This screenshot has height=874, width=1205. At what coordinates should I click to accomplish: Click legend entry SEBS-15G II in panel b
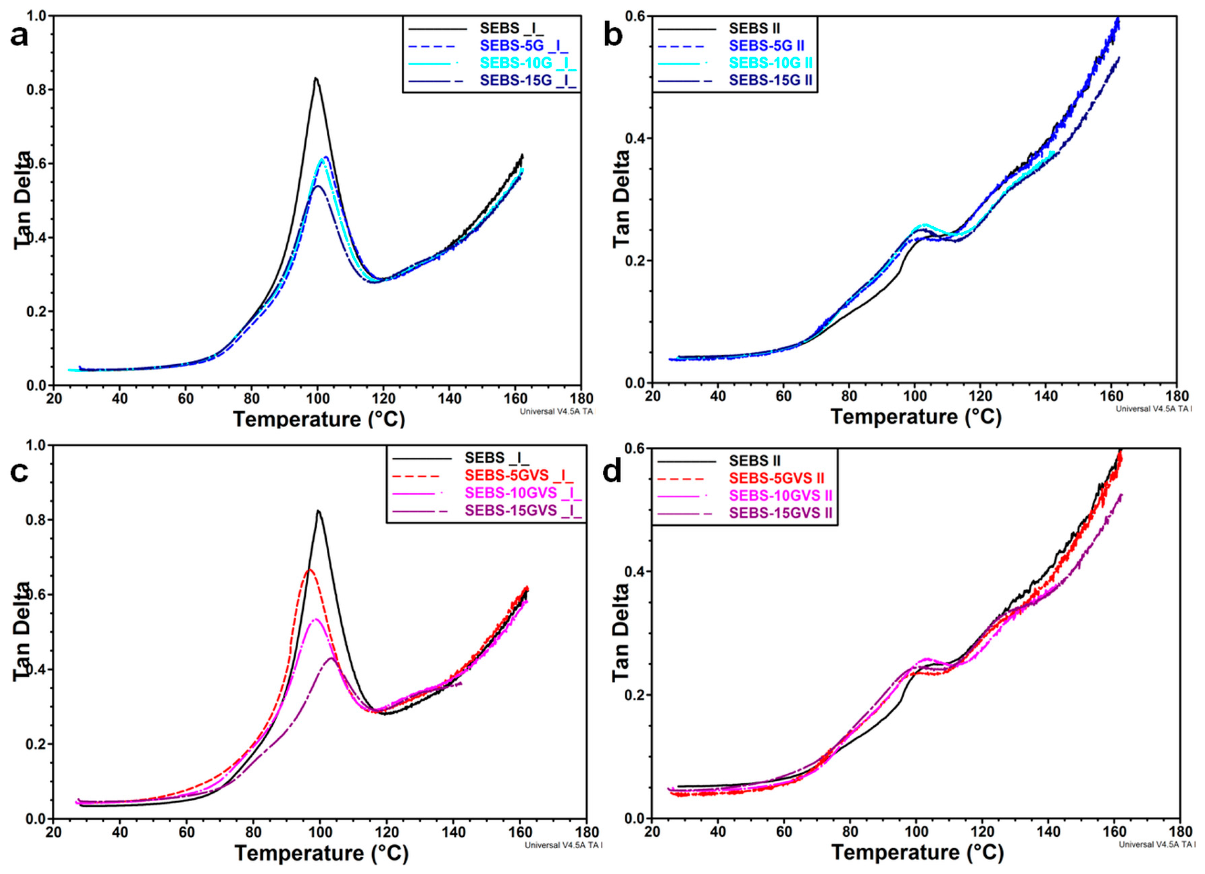(x=770, y=80)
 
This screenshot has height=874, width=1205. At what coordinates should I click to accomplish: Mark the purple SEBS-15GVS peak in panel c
(x=331, y=658)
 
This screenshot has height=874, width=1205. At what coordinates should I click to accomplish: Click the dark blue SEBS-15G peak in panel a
(x=318, y=186)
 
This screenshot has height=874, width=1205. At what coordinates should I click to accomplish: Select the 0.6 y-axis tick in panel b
(x=636, y=16)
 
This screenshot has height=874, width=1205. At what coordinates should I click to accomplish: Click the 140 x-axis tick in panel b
(x=1046, y=396)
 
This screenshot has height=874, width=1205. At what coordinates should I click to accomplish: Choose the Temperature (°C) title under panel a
(x=319, y=419)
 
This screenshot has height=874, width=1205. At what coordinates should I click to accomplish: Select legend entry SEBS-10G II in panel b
(x=770, y=63)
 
